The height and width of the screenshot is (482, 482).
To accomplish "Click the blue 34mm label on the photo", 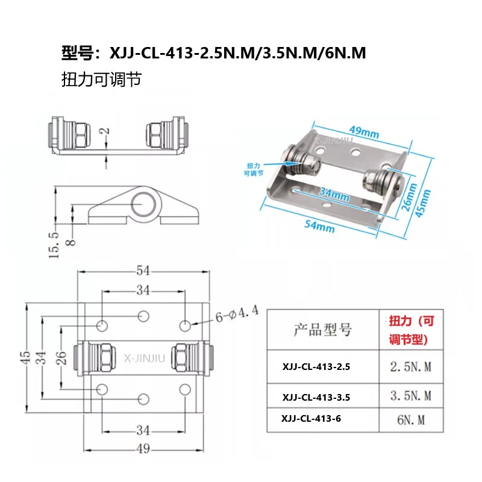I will [x=334, y=195].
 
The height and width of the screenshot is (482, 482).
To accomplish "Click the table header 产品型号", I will [x=322, y=330].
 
